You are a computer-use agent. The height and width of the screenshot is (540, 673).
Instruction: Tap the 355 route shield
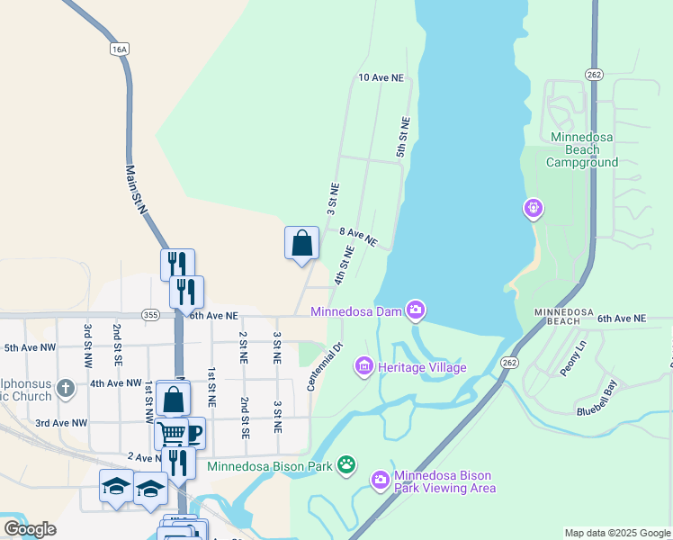click(x=150, y=314)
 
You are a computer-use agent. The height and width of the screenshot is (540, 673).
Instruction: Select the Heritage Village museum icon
click(x=364, y=366)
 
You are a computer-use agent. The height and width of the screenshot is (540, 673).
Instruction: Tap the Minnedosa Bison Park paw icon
click(x=346, y=465)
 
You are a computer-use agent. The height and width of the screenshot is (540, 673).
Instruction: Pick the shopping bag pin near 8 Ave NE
click(x=301, y=243)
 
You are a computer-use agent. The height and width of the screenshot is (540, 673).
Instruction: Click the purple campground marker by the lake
click(x=533, y=210)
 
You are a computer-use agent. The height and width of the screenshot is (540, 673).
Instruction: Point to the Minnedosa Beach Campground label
click(x=584, y=149)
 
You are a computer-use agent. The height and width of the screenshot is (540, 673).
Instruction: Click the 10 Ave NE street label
click(x=381, y=78)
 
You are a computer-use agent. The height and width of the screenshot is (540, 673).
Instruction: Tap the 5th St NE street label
click(x=403, y=138)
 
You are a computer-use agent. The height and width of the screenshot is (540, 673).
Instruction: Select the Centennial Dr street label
click(x=326, y=365)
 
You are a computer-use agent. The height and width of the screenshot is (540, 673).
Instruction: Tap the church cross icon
click(x=65, y=389)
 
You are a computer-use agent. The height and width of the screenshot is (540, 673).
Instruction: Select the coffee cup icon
click(x=191, y=433)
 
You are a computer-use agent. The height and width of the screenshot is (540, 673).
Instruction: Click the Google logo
click(x=30, y=529)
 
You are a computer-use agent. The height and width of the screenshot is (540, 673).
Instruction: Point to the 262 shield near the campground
click(x=592, y=74)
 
